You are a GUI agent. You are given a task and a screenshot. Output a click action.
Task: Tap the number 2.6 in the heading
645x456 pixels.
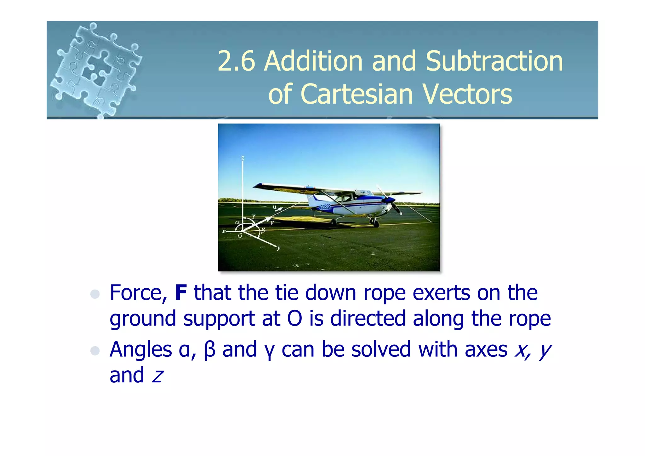pos(236,61)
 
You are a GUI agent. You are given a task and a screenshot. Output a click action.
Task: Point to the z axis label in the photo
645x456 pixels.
pos(243,158)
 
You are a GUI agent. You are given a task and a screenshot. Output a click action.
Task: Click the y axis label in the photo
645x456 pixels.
pos(279,248)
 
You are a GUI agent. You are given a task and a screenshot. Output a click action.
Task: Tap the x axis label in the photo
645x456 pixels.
pos(224,231)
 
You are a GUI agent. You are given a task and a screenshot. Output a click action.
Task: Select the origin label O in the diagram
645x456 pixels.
pos(240,236)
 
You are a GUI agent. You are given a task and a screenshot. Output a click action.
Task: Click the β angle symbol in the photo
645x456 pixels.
pos(263,230)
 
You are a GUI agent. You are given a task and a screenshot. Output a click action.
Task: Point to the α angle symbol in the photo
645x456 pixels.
pos(237,222)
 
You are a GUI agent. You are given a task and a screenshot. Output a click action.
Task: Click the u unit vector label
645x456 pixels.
pos(274,207)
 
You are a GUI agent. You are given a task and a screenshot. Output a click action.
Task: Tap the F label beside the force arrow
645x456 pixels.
pos(272,223)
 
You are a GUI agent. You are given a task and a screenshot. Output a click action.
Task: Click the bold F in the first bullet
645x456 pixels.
pos(181,293)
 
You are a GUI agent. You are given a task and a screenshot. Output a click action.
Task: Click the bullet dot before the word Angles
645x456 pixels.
pos(95,350)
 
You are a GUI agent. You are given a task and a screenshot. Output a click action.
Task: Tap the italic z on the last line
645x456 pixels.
pos(157,376)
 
